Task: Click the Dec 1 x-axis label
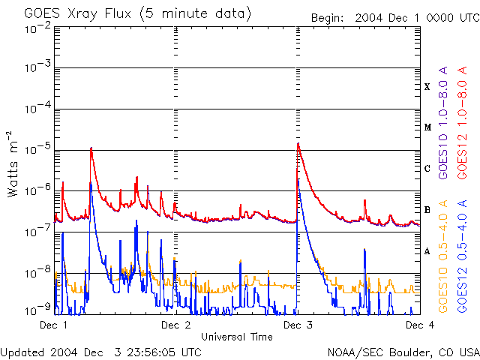coord(53,325)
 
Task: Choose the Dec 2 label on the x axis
coord(175,325)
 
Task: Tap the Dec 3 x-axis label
coord(298,325)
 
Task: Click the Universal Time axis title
coord(236,337)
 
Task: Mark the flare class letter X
coord(427,87)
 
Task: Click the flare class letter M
coord(427,127)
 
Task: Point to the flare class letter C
coord(427,169)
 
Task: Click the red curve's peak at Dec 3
coord(298,143)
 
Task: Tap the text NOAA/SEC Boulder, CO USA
coord(403,352)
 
